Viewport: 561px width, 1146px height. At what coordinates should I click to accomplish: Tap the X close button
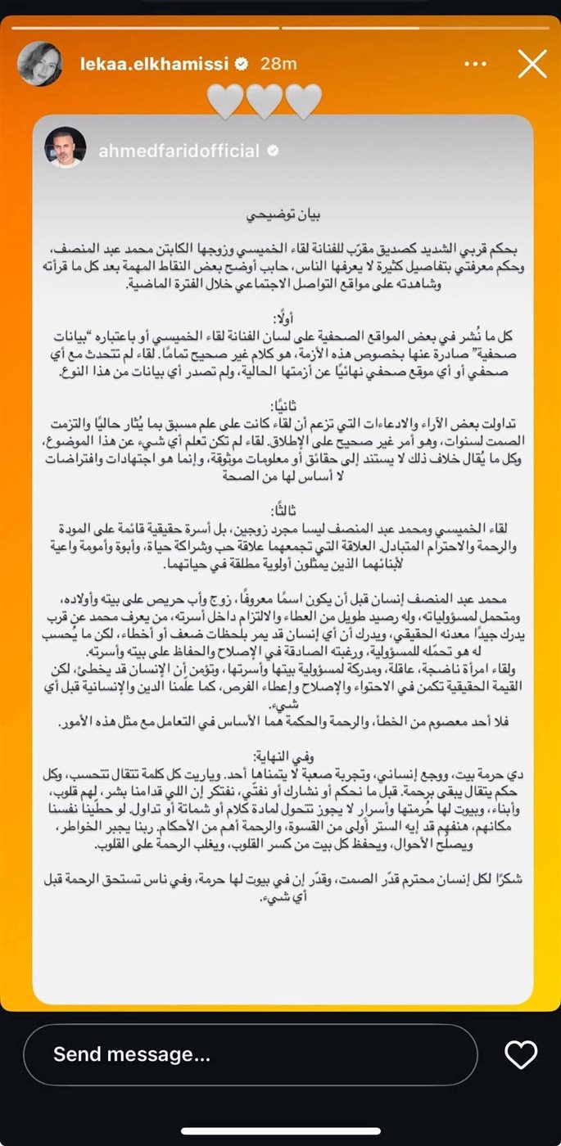[532, 64]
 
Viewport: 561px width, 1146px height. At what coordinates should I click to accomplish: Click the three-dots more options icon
[476, 64]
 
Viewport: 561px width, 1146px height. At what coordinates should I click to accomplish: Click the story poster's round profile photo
[39, 64]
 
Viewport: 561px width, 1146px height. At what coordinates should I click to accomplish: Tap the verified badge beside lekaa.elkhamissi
[243, 64]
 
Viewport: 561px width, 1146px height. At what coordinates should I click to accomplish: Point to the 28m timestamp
[278, 64]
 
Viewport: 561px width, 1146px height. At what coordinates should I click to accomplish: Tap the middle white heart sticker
[264, 101]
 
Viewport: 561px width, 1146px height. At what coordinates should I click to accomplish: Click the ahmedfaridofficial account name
[179, 151]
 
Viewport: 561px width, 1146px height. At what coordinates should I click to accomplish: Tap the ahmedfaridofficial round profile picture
[65, 148]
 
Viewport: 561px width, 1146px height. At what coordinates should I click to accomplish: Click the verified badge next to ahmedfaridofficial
[273, 151]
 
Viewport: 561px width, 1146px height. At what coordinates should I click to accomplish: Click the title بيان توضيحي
[283, 215]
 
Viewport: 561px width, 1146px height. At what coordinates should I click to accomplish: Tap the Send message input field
[250, 1054]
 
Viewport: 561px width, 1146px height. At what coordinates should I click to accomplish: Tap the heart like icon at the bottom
[520, 1054]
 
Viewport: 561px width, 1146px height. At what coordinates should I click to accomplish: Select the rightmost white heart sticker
[302, 101]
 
